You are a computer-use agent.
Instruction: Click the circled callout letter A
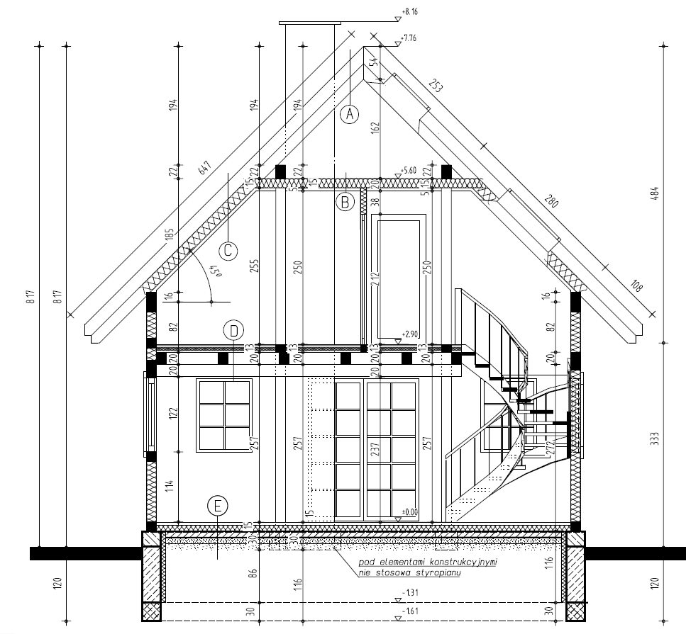tap(349, 113)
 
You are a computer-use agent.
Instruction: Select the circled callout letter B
tap(344, 202)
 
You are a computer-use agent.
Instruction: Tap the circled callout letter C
tap(228, 250)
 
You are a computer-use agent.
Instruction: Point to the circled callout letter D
tap(233, 330)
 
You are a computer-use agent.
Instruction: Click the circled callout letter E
tap(218, 506)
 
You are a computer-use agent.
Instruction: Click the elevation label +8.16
tap(410, 12)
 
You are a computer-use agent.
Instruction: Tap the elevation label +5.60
tap(409, 171)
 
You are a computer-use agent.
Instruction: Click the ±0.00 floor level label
tap(409, 511)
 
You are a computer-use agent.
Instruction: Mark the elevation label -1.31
tap(409, 592)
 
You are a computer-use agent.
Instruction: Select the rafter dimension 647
tap(204, 168)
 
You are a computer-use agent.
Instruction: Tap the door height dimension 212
tap(374, 283)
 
